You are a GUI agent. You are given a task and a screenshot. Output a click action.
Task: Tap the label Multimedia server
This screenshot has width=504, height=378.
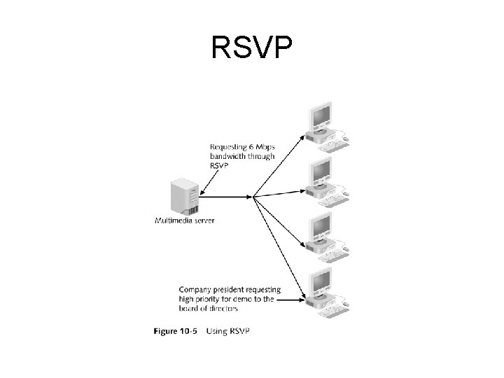coord(184,220)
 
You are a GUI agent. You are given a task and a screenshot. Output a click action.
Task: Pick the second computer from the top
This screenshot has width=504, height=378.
coord(324,181)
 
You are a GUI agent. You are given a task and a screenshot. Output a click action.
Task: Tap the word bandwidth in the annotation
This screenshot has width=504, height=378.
coord(225,157)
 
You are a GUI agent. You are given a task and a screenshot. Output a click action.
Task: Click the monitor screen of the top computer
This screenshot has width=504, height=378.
coord(321,115)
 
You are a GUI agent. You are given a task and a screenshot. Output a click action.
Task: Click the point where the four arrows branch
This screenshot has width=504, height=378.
coord(253,196)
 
